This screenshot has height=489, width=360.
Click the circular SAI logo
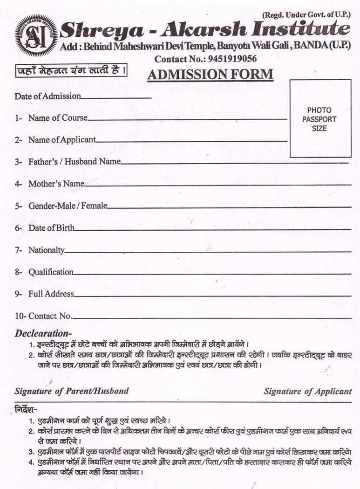click(36, 35)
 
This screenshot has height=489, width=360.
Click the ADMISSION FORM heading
click(210, 75)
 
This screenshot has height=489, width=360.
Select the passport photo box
click(320, 118)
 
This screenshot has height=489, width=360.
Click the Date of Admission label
click(48, 96)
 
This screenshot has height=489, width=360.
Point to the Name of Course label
click(57, 118)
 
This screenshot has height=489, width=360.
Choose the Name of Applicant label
click(61, 139)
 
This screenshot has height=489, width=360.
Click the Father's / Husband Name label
click(74, 161)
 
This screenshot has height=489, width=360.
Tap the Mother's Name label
click(56, 184)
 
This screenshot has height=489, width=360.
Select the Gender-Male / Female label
click(67, 206)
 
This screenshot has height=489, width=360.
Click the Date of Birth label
click(51, 228)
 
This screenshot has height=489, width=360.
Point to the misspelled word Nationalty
click(46, 250)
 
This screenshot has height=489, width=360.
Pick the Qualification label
click(50, 272)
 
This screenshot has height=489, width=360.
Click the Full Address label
click(51, 294)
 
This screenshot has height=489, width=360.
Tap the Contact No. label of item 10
click(50, 316)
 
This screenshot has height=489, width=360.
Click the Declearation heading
click(43, 333)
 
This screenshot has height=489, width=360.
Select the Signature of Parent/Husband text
click(71, 391)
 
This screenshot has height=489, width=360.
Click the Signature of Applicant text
click(307, 391)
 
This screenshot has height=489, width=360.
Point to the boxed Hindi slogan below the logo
click(71, 72)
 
